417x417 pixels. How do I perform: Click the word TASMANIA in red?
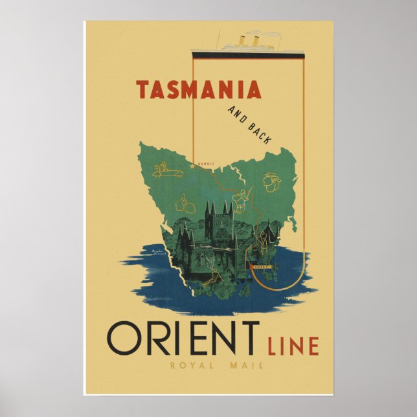[199, 89]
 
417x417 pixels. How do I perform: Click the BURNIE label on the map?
[207, 163]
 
